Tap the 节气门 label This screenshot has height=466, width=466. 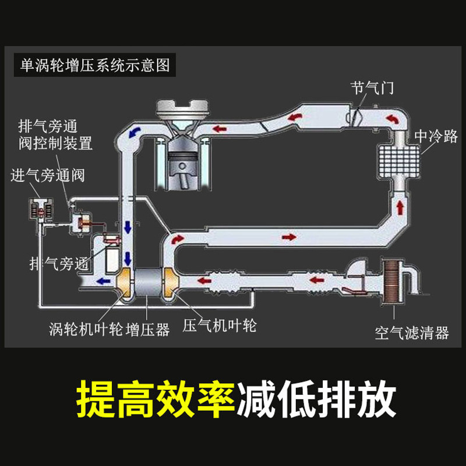click(372, 88)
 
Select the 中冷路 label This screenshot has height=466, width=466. click(436, 137)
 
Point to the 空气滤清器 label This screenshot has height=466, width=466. click(411, 333)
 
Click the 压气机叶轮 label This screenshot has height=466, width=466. click(220, 325)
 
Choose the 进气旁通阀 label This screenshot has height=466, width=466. click(47, 175)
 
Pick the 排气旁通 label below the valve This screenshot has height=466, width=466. click(58, 263)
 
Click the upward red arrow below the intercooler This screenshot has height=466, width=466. click(400, 207)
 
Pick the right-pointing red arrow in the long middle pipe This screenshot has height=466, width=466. click(288, 238)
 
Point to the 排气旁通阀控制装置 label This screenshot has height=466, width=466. click(55, 135)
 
